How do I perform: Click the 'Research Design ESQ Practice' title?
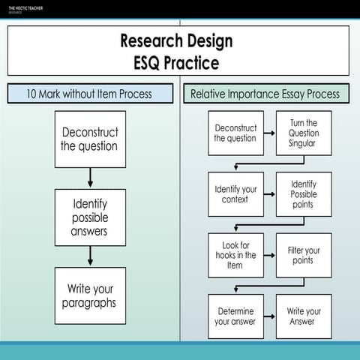click(x=178, y=51)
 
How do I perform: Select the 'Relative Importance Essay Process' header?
click(x=265, y=94)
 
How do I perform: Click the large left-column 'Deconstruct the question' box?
click(x=90, y=139)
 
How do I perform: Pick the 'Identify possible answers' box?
click(x=90, y=217)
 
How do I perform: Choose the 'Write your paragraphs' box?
click(x=90, y=295)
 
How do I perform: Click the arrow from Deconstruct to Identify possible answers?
click(x=90, y=178)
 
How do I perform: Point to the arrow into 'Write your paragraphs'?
click(x=90, y=256)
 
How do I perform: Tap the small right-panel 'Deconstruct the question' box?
click(x=235, y=133)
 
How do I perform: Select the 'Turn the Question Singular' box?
click(x=303, y=133)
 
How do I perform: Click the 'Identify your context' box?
click(x=235, y=193)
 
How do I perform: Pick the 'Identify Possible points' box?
click(x=303, y=193)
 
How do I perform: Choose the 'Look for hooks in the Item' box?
click(x=235, y=254)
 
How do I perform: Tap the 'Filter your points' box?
click(x=303, y=254)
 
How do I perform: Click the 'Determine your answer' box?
click(x=235, y=316)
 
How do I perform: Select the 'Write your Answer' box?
click(x=303, y=316)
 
